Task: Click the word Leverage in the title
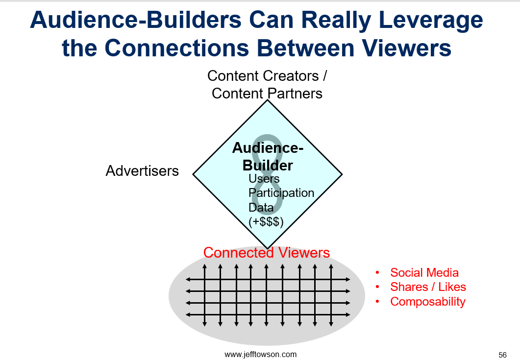pyautogui.click(x=430, y=21)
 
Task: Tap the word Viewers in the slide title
pyautogui.click(x=406, y=48)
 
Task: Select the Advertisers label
pyautogui.click(x=142, y=171)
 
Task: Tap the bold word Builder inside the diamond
pyautogui.click(x=268, y=166)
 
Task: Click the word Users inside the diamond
pyautogui.click(x=264, y=178)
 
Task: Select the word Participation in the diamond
pyautogui.click(x=281, y=193)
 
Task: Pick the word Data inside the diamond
pyautogui.click(x=261, y=207)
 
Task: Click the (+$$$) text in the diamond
pyautogui.click(x=266, y=221)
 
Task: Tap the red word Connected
pyautogui.click(x=239, y=253)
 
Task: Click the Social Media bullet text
pyautogui.click(x=424, y=272)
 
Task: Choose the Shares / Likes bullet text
pyautogui.click(x=428, y=287)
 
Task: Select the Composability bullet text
pyautogui.click(x=428, y=302)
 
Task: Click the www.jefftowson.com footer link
pyautogui.click(x=261, y=354)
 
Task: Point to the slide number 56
pyautogui.click(x=502, y=355)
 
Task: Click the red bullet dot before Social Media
pyautogui.click(x=377, y=273)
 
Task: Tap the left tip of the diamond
pyautogui.click(x=193, y=174)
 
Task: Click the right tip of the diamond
pyautogui.click(x=342, y=174)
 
